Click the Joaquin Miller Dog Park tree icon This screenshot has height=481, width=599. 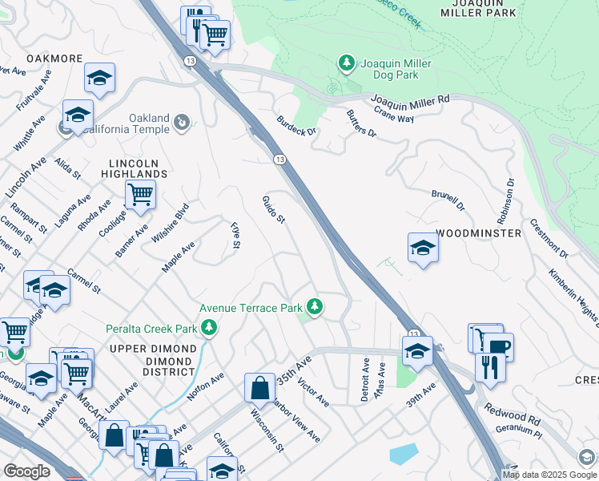tap(346, 63)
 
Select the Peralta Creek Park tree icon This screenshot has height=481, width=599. tap(208, 328)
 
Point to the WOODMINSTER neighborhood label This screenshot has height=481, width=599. tap(479, 232)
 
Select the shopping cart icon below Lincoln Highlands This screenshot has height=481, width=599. tap(140, 194)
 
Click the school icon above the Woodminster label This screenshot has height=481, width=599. tap(423, 247)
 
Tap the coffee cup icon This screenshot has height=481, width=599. tap(498, 346)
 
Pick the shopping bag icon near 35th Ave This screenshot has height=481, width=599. tap(259, 388)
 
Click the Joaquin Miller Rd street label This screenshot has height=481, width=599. tap(411, 99)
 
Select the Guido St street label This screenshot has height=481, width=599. tap(275, 209)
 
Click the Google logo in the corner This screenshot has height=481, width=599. tap(26, 471)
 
